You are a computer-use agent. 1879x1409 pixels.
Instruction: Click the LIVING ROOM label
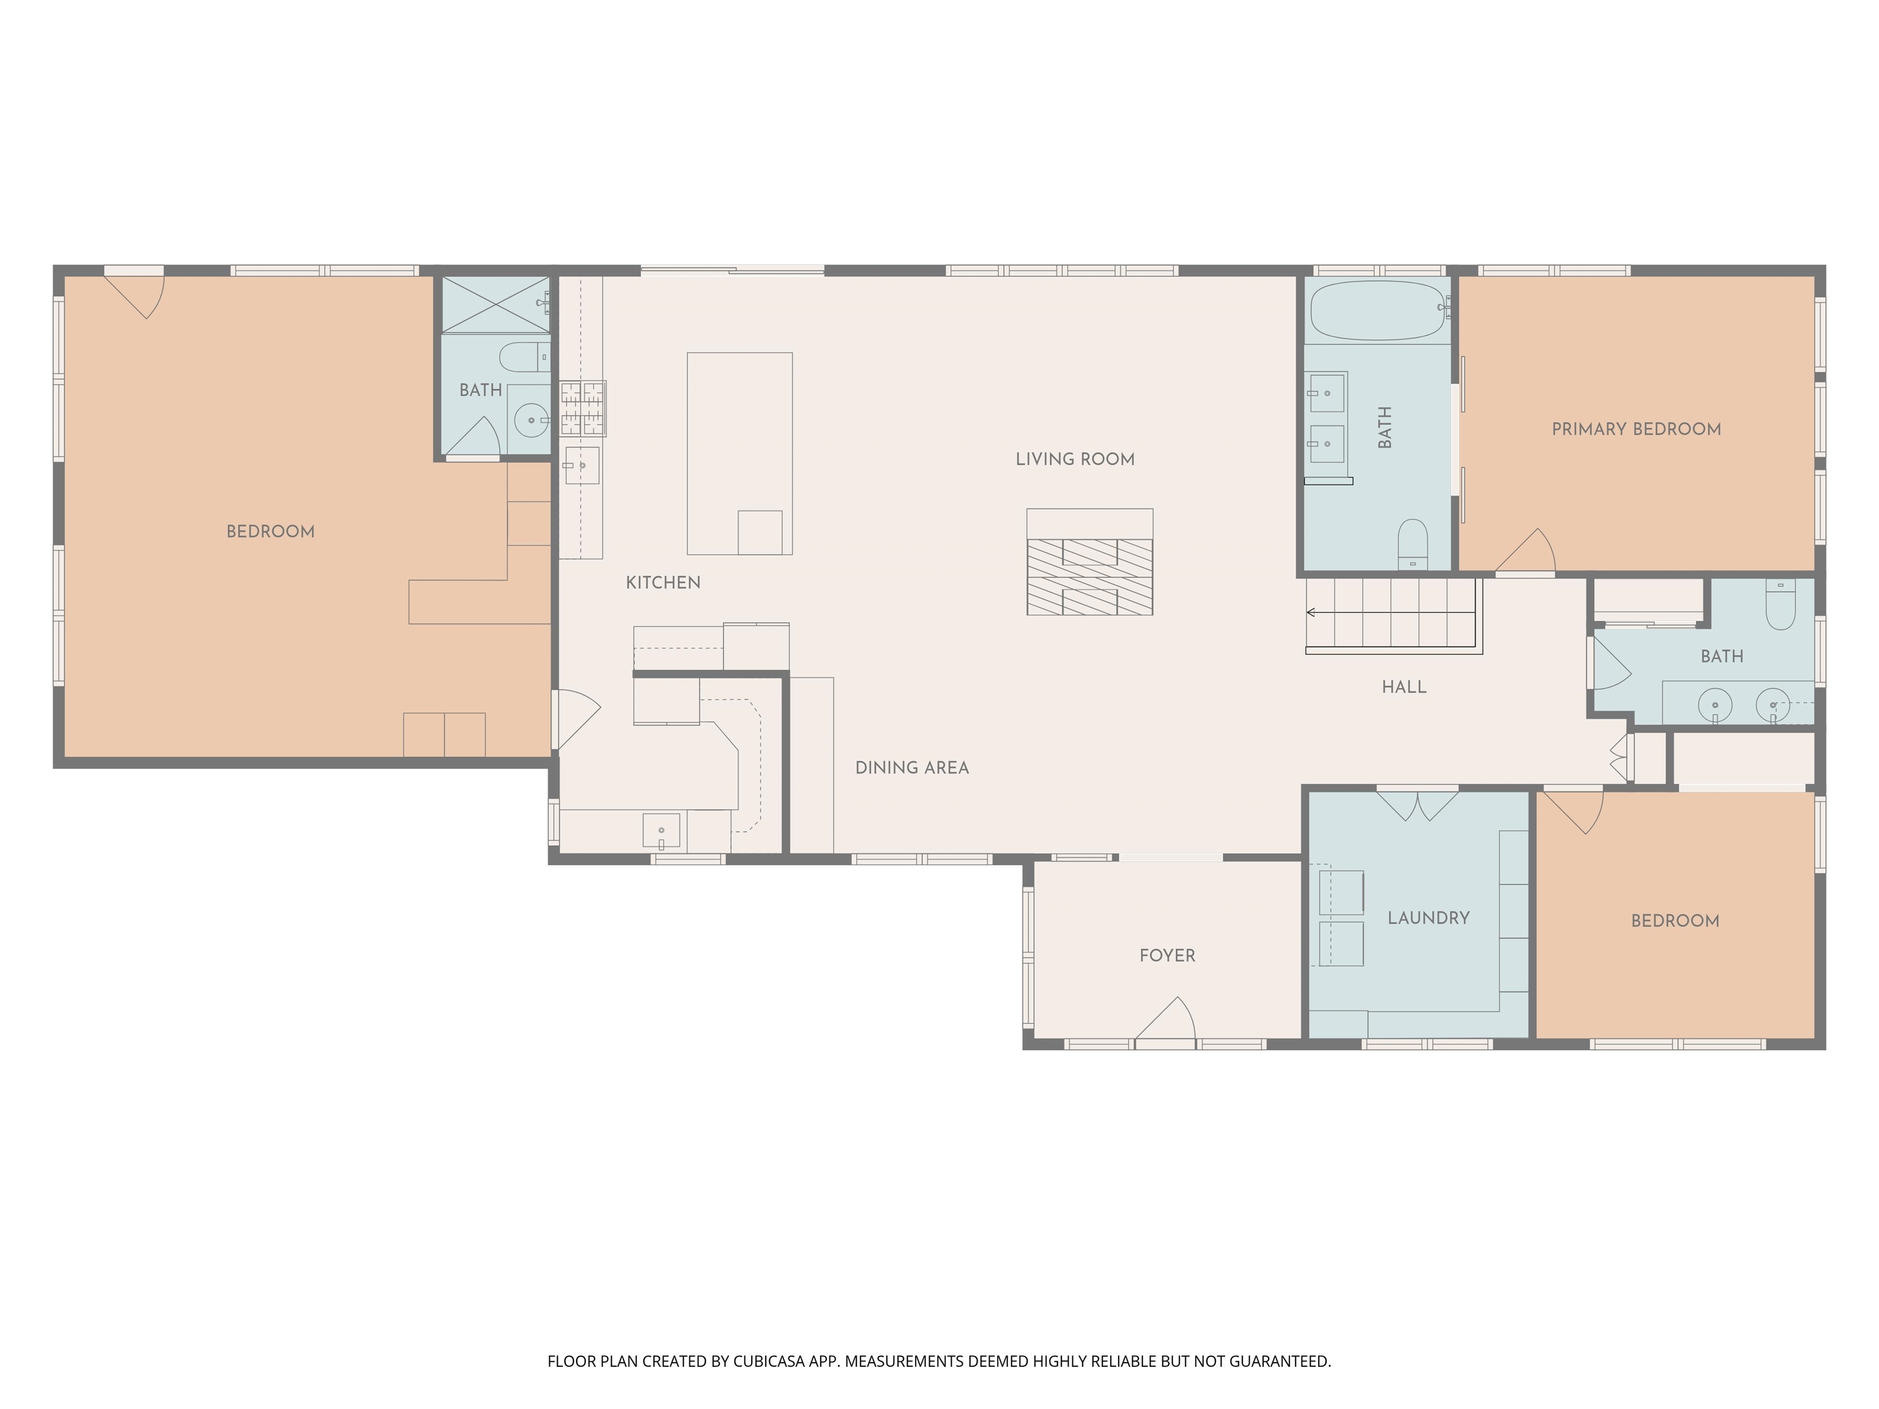coord(1075,459)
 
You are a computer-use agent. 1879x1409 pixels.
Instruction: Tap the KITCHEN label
coord(662,583)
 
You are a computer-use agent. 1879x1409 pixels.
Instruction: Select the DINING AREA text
coord(911,767)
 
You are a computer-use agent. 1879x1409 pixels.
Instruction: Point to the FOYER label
coord(1166,955)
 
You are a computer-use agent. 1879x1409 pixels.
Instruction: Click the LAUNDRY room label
coord(1428,918)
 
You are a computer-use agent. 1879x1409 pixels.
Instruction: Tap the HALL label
coord(1403,687)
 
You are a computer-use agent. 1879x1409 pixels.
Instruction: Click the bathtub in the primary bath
coord(1377,311)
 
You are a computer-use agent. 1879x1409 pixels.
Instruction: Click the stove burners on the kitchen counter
coord(583,409)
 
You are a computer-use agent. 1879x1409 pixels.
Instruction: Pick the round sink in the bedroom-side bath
coord(532,420)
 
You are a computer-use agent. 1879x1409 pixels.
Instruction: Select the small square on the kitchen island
coord(760,533)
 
